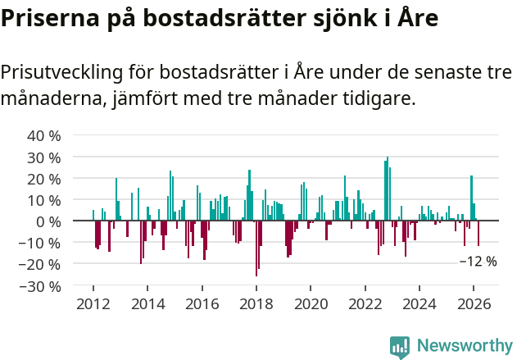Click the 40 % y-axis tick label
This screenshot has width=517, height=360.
(x=44, y=135)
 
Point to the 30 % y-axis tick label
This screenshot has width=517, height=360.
(x=44, y=157)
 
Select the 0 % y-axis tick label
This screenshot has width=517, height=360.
(x=48, y=221)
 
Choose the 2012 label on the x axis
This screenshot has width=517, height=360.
(x=93, y=304)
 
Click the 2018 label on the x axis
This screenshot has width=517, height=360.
(x=256, y=304)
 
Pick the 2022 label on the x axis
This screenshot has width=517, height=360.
(x=365, y=304)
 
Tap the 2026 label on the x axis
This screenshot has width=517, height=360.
(x=473, y=304)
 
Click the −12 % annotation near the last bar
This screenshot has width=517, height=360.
(x=477, y=262)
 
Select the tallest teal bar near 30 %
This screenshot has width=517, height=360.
(x=388, y=189)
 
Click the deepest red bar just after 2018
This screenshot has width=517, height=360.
(x=256, y=248)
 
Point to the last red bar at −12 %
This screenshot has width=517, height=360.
(x=478, y=233)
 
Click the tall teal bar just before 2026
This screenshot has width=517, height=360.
(x=471, y=198)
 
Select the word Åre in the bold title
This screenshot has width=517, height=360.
(x=415, y=17)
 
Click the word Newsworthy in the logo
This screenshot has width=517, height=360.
(x=464, y=345)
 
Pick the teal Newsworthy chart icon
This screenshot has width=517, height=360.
(x=400, y=346)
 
